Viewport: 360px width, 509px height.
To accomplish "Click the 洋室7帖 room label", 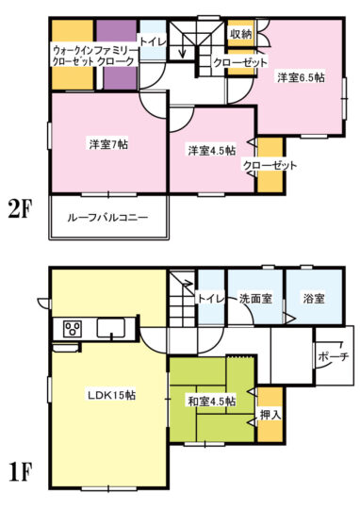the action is (x=108, y=144).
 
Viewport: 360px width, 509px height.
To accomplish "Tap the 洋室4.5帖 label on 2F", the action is (x=212, y=150).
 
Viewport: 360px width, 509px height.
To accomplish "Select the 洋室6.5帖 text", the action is (x=301, y=77).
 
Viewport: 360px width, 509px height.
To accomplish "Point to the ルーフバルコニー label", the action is (x=107, y=217).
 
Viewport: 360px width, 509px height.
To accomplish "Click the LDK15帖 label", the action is (x=111, y=395).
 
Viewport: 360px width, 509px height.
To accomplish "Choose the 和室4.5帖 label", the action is (x=212, y=402).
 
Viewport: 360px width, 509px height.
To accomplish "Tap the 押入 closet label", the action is (x=270, y=414).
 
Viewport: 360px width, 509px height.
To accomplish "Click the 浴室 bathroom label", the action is (x=314, y=298).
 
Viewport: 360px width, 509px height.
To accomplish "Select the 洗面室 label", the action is (x=255, y=298).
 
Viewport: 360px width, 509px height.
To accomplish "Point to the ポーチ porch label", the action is (x=334, y=356).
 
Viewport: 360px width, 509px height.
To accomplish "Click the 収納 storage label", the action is (x=240, y=34).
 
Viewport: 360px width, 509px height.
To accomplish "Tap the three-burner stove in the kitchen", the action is (x=74, y=329).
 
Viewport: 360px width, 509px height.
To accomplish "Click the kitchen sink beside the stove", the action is (x=111, y=328).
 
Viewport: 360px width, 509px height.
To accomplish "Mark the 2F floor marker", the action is (x=21, y=211).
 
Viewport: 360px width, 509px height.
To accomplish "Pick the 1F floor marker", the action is (x=20, y=473).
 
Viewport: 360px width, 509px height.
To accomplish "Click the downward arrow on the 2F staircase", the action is (x=183, y=45).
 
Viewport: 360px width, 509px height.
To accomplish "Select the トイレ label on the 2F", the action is (x=154, y=41).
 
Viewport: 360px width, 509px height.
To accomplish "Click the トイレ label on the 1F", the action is (x=211, y=298).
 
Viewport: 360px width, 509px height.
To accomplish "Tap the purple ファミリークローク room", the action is (x=117, y=55).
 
